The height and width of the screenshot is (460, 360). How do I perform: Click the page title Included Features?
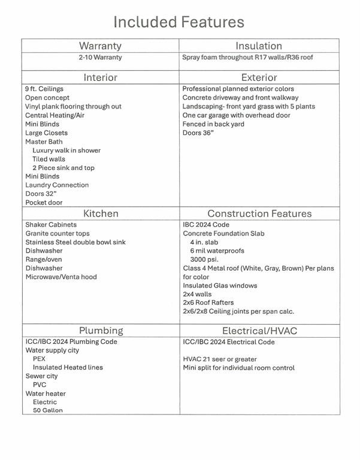179,22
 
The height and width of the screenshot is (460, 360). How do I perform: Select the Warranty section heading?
100,46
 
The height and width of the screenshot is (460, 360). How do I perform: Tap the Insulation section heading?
259,46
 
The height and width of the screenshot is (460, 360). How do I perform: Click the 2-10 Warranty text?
100,57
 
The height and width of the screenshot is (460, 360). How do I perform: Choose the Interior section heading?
100,77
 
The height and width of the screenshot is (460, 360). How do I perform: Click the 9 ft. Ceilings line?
44,89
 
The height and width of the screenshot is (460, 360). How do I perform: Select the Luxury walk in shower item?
66,150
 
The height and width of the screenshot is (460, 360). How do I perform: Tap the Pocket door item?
44,202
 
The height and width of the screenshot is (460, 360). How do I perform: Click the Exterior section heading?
259,77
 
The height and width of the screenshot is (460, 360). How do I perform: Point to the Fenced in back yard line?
213,124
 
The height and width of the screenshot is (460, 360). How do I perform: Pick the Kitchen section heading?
100,213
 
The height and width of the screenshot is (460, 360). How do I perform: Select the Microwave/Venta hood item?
61,277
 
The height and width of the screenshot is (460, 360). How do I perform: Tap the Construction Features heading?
259,213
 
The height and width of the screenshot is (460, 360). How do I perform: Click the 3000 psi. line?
204,259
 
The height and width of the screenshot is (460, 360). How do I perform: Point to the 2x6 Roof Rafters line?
208,302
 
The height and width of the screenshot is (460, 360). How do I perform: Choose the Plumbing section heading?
100,330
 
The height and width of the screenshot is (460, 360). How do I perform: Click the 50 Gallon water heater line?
47,410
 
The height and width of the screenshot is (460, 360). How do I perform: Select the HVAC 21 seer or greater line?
220,359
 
